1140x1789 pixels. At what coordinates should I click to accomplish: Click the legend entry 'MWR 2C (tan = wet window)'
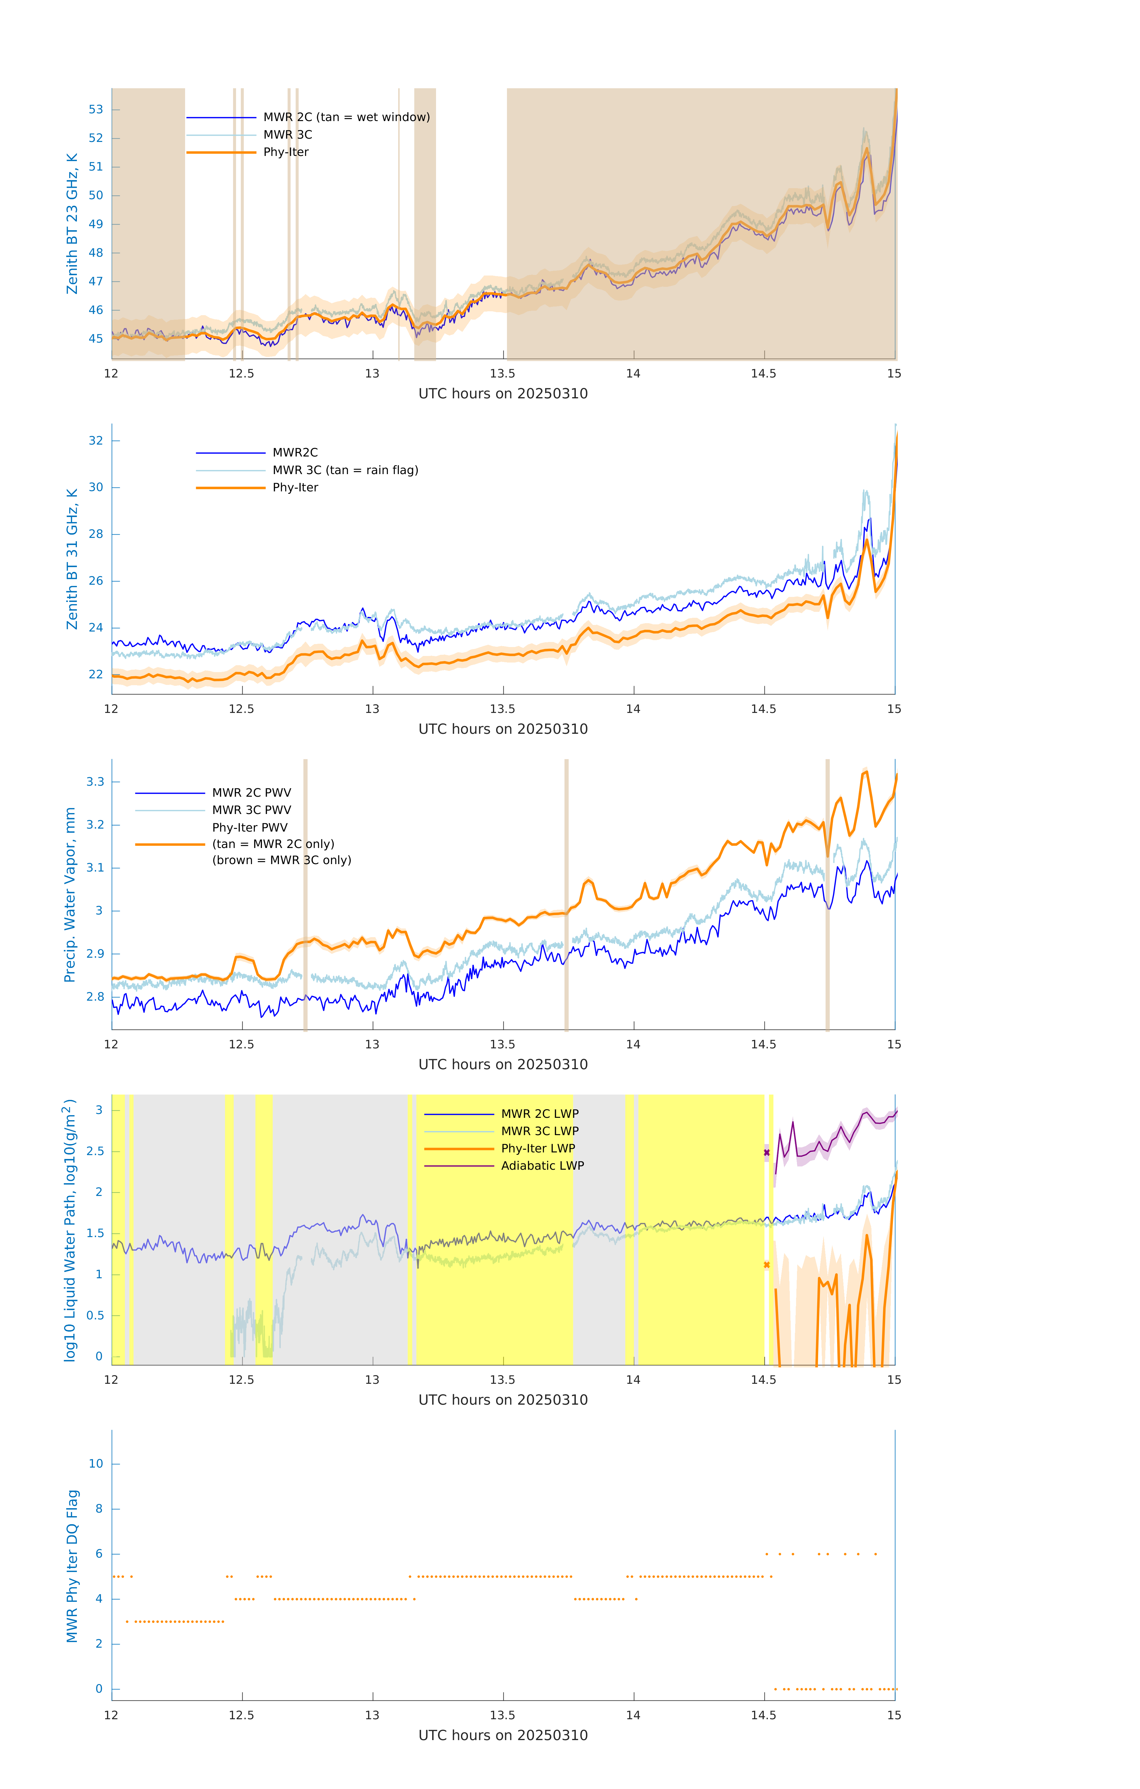click(346, 117)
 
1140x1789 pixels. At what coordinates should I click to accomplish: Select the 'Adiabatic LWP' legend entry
click(542, 1166)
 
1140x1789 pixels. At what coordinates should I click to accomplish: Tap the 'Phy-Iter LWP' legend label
click(538, 1149)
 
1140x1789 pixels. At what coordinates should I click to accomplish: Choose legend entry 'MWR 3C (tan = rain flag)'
click(345, 470)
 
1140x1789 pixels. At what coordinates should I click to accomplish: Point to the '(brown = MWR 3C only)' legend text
click(281, 860)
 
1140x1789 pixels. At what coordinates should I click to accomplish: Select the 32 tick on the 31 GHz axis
click(96, 441)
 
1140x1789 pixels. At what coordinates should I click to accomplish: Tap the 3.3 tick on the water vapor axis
click(95, 781)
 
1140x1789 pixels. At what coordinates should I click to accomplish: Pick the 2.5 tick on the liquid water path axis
click(95, 1152)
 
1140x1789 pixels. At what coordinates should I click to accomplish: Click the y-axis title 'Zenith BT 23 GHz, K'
click(72, 224)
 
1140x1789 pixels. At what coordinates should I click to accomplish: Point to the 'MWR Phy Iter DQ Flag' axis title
click(72, 1566)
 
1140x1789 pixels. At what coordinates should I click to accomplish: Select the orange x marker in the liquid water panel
click(767, 1265)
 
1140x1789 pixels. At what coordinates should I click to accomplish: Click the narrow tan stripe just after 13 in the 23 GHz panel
click(399, 223)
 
